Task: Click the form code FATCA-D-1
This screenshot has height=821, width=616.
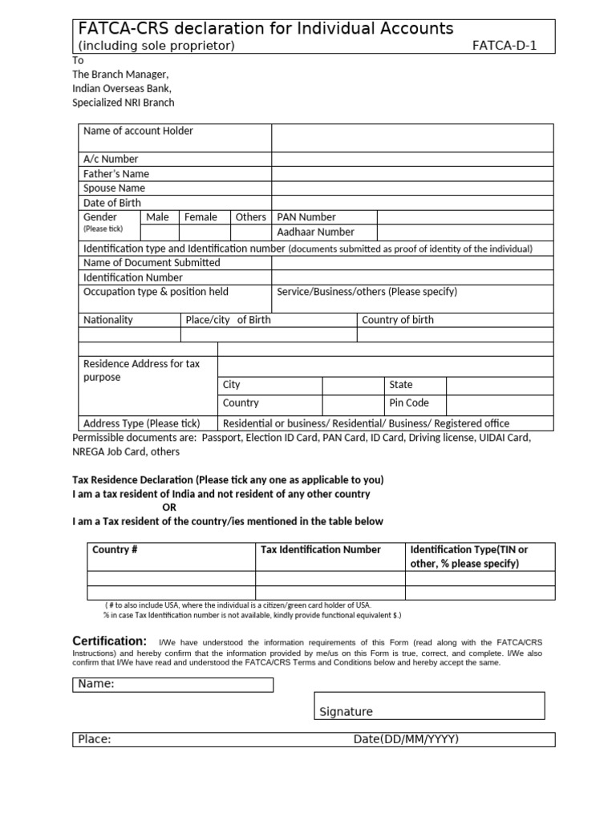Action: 505,46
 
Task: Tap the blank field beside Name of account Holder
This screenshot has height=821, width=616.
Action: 412,138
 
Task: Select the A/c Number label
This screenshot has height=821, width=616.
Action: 111,159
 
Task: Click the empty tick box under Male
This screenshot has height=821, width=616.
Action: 160,233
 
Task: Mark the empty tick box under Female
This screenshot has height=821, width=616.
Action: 205,233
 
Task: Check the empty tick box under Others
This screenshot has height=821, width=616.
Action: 251,233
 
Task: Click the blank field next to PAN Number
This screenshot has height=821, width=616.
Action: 464,217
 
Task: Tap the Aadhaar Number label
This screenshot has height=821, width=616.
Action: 315,233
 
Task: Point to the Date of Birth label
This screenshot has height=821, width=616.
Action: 112,203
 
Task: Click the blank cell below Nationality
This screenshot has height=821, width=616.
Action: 129,335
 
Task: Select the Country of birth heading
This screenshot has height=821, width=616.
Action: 398,320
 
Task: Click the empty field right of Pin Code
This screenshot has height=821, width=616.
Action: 499,403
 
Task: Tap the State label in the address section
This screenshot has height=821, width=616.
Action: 401,385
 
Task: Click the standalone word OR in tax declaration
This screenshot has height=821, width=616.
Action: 169,508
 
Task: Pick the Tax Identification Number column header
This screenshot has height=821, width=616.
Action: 321,550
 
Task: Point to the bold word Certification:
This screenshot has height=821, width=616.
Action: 110,641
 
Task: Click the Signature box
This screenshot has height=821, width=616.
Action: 429,706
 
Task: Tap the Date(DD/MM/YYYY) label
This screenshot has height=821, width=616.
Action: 406,739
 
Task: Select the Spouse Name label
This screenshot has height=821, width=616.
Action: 115,188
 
